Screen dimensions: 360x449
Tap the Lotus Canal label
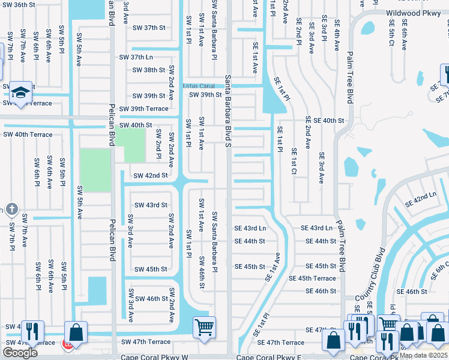198,86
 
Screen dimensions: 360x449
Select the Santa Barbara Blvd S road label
229,110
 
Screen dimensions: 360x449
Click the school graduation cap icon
20,92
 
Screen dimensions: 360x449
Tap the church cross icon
11,209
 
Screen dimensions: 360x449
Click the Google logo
20,353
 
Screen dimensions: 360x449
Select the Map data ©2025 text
423,355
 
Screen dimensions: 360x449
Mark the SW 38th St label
149,70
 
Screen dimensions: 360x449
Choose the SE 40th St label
325,121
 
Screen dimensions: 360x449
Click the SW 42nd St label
150,176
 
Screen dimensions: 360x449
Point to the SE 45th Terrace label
312,278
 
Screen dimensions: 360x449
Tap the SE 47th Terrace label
281,343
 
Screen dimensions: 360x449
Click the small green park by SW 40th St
130,145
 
